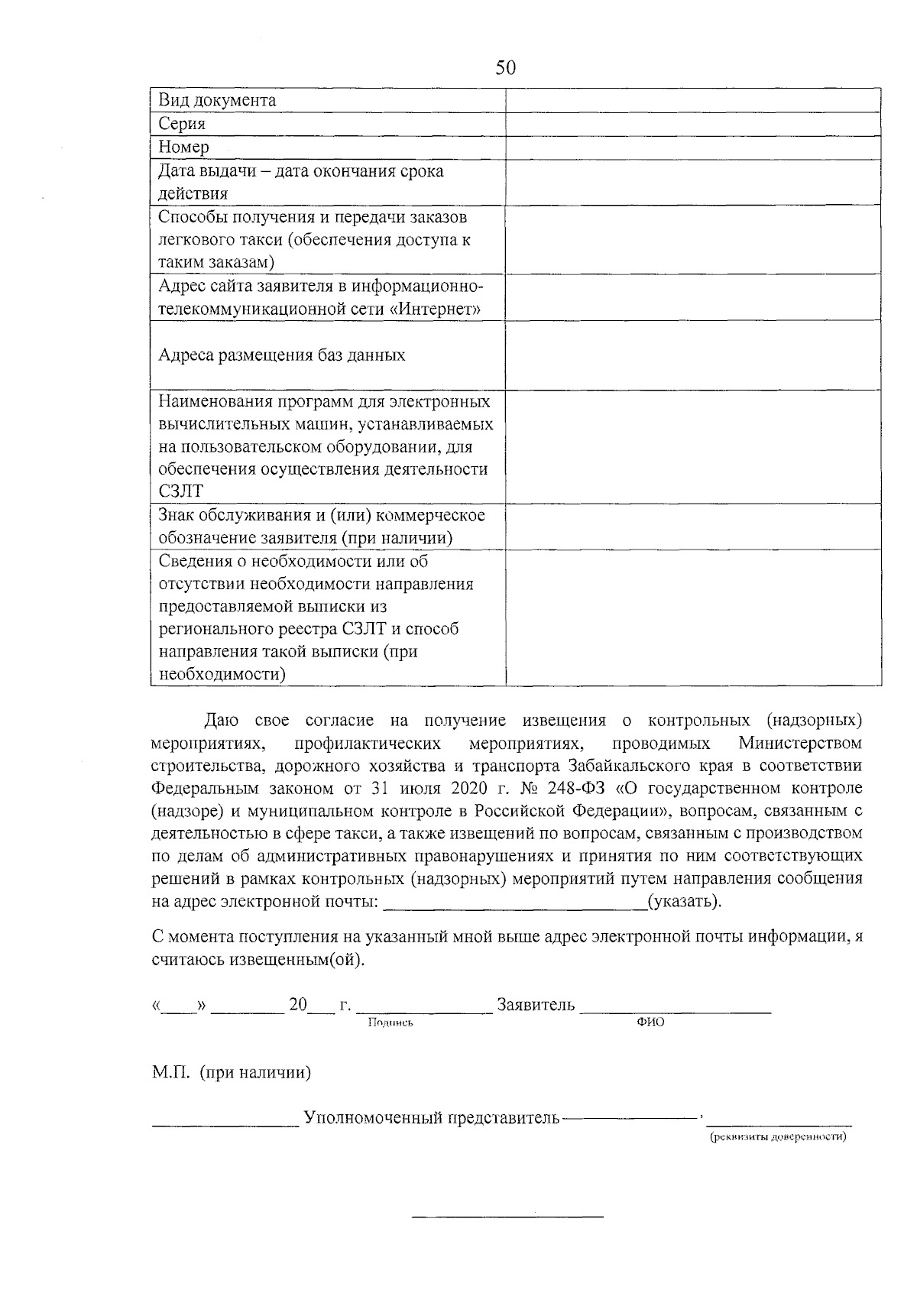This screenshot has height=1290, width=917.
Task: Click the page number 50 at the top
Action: point(506,68)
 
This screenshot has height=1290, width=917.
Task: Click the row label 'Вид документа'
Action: point(217,101)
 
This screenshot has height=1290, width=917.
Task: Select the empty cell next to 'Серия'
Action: point(692,124)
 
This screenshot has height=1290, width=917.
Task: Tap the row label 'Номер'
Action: point(183,147)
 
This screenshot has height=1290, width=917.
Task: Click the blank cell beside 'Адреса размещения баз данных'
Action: point(692,355)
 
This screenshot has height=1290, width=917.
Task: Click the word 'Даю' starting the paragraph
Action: point(222,720)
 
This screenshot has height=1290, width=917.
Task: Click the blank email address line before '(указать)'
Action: point(514,903)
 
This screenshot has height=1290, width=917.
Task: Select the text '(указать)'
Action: point(683,901)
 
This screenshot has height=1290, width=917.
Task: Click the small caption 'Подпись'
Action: point(390,1023)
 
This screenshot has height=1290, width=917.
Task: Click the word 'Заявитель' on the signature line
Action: point(536,1005)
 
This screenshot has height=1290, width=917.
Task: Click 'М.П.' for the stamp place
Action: point(172,1073)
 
